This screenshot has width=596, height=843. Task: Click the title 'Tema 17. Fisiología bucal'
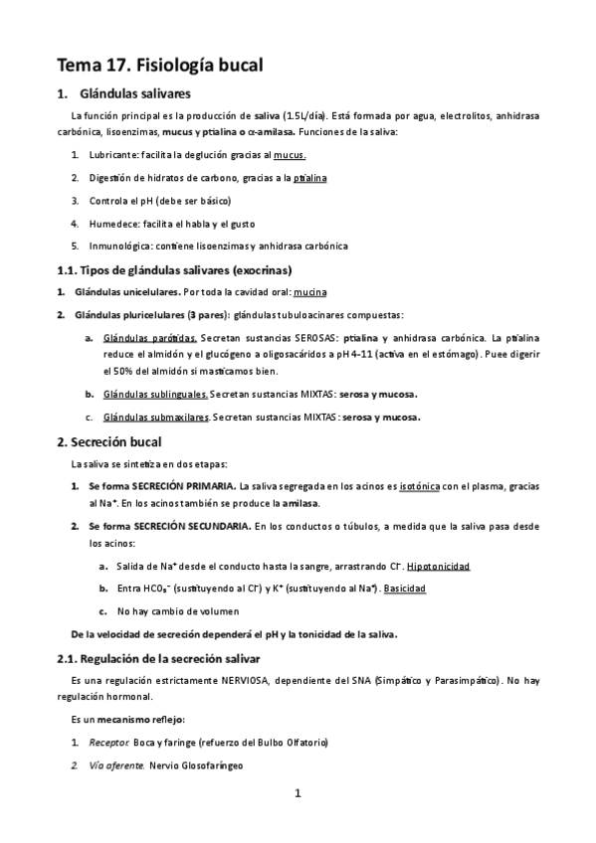[160, 66]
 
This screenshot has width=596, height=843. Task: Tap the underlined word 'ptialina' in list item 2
[309, 177]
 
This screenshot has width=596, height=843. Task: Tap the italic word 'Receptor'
[102, 744]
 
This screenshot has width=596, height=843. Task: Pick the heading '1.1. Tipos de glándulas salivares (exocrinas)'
[173, 269]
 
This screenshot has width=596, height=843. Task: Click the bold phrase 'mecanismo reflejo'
[143, 719]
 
